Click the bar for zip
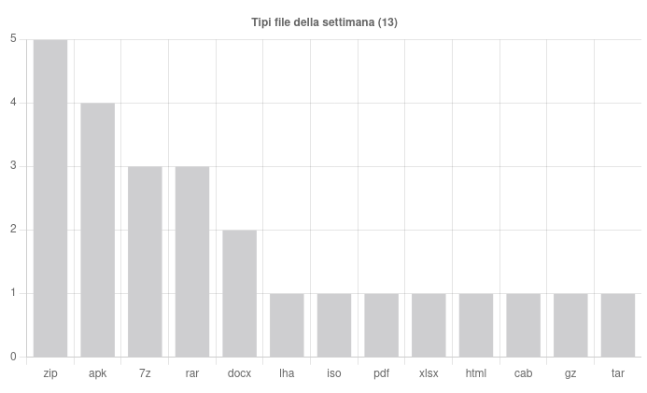(50, 198)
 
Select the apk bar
(98, 230)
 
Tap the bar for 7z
(145, 261)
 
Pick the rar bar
(192, 261)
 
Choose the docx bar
(239, 293)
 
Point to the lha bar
(287, 325)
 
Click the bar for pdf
(381, 325)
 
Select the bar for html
(476, 325)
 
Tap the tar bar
(617, 325)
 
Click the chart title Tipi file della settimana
(313, 22)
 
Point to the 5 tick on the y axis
(13, 39)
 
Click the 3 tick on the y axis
(13, 166)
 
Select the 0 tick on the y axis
(13, 357)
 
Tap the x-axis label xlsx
(429, 373)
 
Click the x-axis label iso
(334, 373)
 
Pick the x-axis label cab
(523, 373)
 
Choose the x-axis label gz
(570, 373)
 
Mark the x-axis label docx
(239, 373)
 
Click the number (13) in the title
(387, 22)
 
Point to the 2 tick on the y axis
(13, 230)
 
